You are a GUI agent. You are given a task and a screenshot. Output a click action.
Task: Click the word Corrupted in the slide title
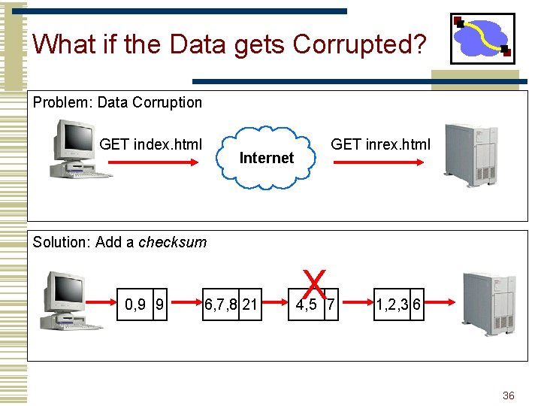[x=359, y=44]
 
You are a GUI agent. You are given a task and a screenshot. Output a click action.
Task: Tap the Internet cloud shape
[x=266, y=157]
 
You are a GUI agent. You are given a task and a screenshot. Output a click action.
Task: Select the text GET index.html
[x=150, y=144]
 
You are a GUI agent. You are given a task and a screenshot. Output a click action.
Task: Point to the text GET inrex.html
[x=381, y=144]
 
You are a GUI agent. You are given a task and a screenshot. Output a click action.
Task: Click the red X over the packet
[x=315, y=284]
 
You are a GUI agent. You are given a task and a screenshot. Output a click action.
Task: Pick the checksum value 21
[x=250, y=304]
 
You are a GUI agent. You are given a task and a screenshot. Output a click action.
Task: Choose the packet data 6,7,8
[x=221, y=304]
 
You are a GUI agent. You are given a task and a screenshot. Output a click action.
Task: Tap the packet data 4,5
[x=307, y=304]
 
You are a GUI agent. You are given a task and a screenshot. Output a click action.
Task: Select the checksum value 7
[x=331, y=304]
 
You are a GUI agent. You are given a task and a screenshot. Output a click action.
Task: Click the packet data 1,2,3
[x=392, y=304]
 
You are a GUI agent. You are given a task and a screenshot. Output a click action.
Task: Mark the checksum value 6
[x=416, y=304]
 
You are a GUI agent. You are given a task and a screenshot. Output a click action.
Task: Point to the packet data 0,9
[x=135, y=304]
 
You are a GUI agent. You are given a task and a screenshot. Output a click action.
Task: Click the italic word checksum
[x=172, y=242]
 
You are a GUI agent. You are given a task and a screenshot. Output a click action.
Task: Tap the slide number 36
[x=508, y=395]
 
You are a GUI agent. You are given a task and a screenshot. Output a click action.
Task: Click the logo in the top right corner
[x=482, y=38]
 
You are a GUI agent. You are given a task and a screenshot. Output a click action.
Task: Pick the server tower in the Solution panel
[x=488, y=302]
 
